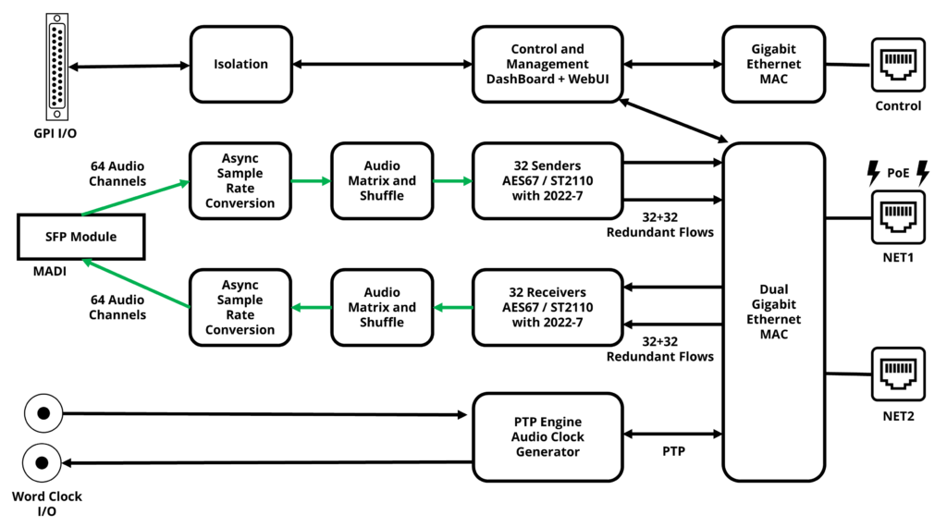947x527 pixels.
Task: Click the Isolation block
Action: (240, 64)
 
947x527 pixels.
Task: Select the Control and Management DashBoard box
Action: (548, 64)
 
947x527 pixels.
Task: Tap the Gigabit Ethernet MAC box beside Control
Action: (773, 64)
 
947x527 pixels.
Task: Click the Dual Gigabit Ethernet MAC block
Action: (773, 312)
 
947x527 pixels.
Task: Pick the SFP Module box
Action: (80, 237)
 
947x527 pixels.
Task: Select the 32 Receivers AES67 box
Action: (548, 307)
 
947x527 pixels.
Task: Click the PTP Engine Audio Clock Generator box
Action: (548, 436)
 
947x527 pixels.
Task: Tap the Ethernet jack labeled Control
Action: (898, 65)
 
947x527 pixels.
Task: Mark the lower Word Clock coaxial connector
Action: (41, 461)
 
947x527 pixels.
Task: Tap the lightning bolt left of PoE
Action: (872, 171)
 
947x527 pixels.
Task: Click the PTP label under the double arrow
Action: (674, 453)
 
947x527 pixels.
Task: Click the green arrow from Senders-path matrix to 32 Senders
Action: (451, 181)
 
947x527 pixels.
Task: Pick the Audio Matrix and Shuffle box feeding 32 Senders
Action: (382, 180)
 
